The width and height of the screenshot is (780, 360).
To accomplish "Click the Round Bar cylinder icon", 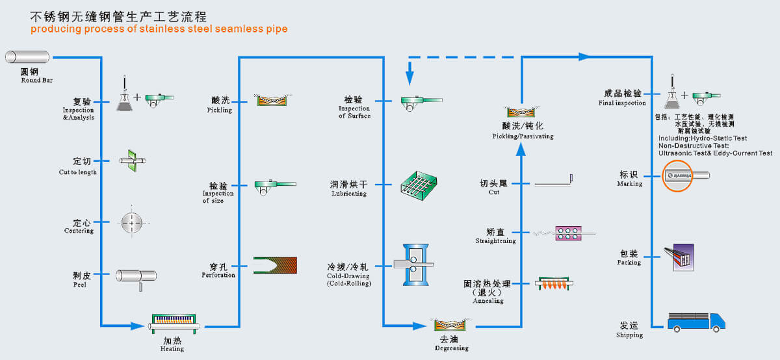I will pos(27,57).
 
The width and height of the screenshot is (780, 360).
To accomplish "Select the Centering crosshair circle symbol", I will pos(132,223).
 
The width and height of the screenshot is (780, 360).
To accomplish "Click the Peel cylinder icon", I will pos(136,276).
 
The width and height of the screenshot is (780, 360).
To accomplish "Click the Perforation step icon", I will pos(275,266).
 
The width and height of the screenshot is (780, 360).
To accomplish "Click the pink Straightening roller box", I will pos(568,233).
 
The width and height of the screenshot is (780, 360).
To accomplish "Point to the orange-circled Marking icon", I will pos(678,175).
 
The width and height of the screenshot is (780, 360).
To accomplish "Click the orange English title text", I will pos(159,29).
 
